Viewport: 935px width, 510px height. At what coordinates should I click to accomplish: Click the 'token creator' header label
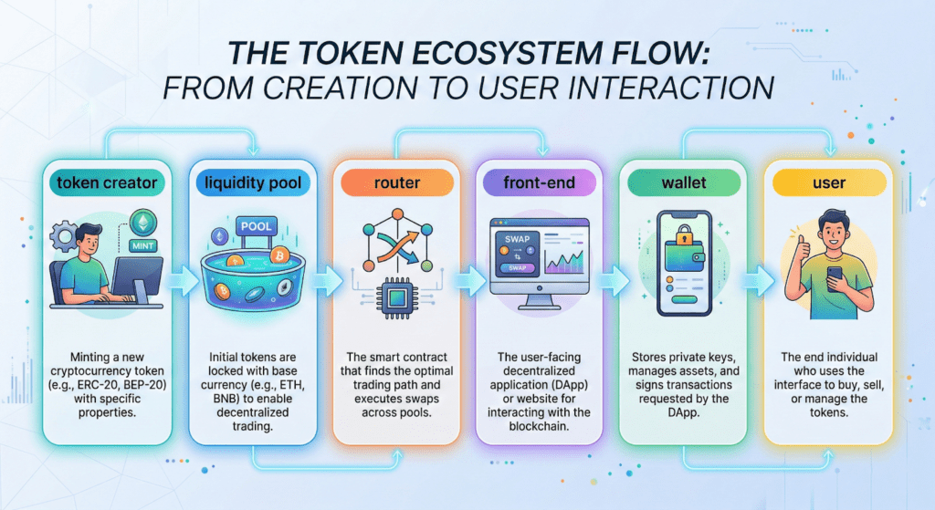tap(107, 182)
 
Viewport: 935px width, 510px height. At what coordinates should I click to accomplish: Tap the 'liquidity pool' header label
tap(253, 182)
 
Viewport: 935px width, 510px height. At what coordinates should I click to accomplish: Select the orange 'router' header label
tap(396, 182)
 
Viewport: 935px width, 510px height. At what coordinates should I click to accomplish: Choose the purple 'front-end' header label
tap(539, 182)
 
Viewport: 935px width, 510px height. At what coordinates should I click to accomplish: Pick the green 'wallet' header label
tap(683, 182)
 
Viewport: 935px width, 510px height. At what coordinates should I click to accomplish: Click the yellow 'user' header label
tap(829, 182)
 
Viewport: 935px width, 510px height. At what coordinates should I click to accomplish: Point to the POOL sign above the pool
tap(257, 226)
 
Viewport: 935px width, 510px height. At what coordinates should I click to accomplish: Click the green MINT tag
tap(143, 245)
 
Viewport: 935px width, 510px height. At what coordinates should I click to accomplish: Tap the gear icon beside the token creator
tap(63, 235)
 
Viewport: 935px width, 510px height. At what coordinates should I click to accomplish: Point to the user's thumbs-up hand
tap(799, 246)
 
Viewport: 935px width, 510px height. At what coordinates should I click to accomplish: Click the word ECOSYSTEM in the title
tap(505, 53)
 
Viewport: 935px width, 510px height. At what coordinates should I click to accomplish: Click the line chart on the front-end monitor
tap(563, 262)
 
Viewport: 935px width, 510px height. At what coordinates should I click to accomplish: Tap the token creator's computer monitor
tap(137, 279)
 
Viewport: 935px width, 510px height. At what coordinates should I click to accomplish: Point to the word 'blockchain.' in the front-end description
tap(539, 426)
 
